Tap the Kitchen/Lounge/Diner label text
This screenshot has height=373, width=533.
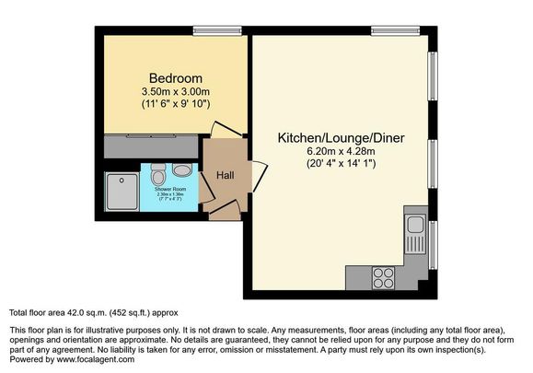(x=342, y=138)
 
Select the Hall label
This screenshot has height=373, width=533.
(x=226, y=175)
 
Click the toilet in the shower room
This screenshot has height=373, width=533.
(x=158, y=173)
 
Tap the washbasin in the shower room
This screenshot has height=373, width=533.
(x=181, y=170)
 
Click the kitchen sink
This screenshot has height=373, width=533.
(x=414, y=225)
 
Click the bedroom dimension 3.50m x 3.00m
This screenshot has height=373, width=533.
(x=175, y=93)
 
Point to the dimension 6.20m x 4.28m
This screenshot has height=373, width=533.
(x=342, y=152)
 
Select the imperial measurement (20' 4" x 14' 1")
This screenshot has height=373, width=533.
(x=342, y=165)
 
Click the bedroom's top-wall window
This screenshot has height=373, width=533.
(x=211, y=29)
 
